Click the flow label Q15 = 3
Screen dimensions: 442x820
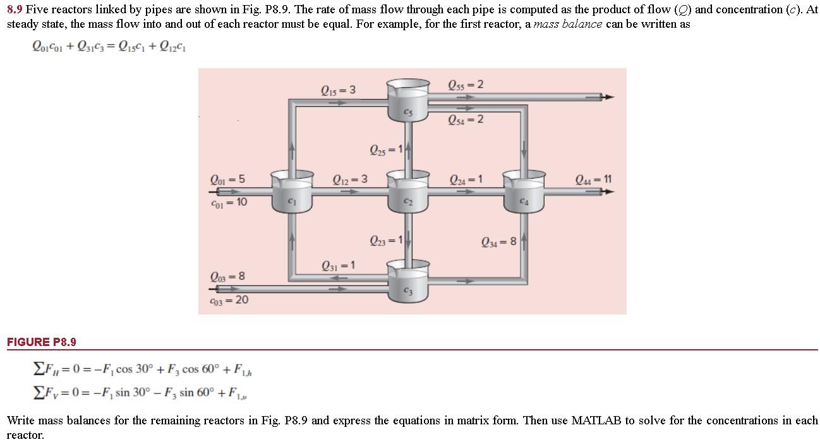pos(338,90)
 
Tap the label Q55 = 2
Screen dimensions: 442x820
pos(466,85)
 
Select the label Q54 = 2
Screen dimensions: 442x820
pos(466,119)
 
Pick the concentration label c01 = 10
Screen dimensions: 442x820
pos(228,202)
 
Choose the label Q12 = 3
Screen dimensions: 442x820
pos(350,179)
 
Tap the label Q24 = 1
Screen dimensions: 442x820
pos(466,179)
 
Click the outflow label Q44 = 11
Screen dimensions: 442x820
pos(593,179)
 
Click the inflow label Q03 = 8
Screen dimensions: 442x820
pos(226,277)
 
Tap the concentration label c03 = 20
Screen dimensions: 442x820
pos(228,300)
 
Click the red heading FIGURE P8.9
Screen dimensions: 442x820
pos(42,342)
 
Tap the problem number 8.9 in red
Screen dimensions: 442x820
pos(15,9)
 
